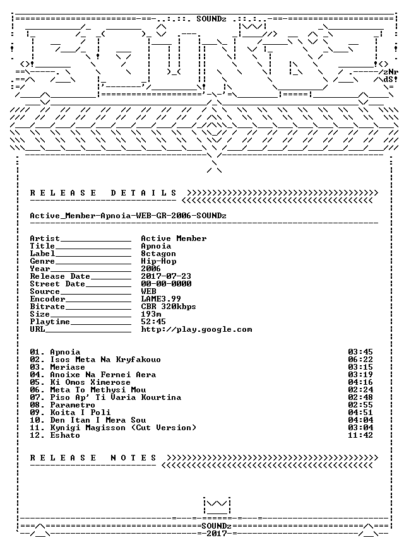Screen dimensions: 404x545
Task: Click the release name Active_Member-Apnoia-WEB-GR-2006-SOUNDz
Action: pos(128,216)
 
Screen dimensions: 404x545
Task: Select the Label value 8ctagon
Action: pos(158,254)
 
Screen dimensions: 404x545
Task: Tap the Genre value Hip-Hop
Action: pos(158,261)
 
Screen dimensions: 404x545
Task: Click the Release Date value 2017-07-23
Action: pos(166,276)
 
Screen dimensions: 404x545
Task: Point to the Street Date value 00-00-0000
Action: pos(166,284)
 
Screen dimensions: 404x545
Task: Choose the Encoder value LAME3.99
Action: pos(161,299)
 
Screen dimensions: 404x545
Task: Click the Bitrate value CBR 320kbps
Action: pos(169,307)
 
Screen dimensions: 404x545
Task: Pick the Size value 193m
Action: pos(151,314)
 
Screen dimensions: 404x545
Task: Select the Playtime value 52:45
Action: pos(153,322)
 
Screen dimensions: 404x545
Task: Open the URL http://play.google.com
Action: pos(196,329)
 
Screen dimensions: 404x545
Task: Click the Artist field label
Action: pos(45,238)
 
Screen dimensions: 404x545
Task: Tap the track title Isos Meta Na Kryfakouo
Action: pos(105,360)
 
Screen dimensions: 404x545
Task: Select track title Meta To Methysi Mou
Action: pos(98,390)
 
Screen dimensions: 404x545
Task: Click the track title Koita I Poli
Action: pos(80,413)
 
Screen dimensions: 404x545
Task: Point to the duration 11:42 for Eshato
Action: pos(360,435)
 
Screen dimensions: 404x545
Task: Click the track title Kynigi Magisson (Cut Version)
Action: pos(123,428)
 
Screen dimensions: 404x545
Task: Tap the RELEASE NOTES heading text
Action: pos(93,458)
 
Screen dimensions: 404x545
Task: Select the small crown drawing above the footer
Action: pos(217,506)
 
